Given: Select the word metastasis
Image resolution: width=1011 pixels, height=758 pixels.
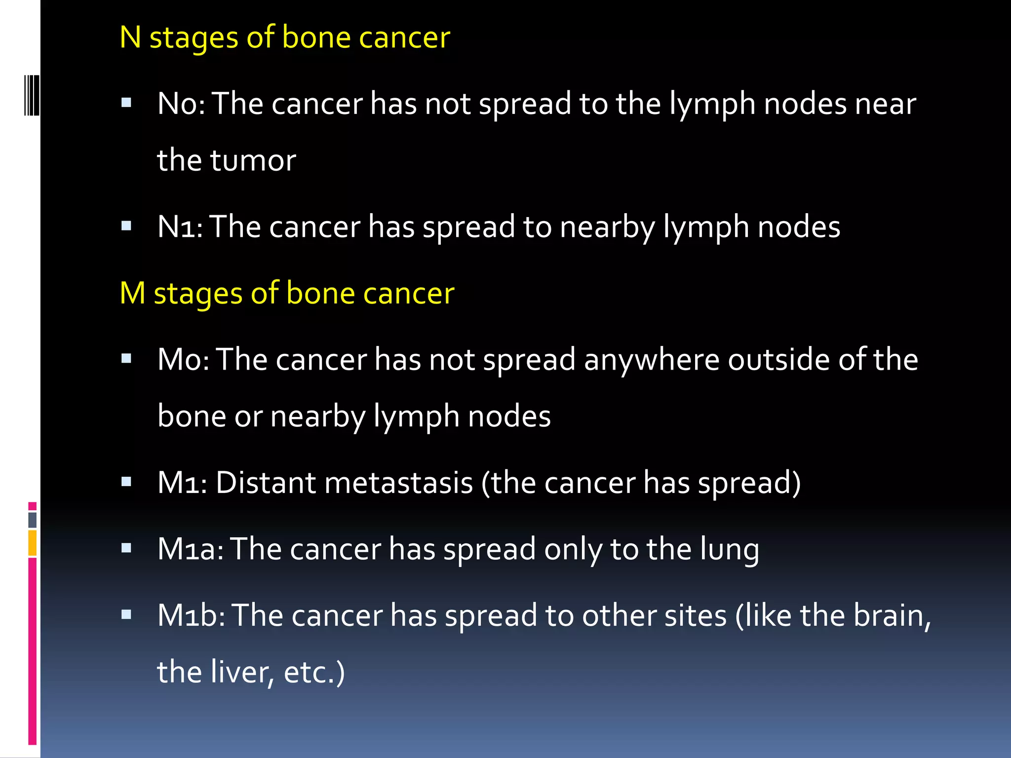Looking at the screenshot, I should click(399, 483).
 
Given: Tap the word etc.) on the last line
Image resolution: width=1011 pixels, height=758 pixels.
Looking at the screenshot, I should click(314, 672).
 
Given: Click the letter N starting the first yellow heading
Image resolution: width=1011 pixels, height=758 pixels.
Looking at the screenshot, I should click(130, 38).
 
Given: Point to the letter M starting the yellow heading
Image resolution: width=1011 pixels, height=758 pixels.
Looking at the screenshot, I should click(133, 293).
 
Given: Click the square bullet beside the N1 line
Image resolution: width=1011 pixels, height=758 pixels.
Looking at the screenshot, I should click(126, 227).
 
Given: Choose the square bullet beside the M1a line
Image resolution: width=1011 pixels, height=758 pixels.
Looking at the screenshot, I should click(126, 548).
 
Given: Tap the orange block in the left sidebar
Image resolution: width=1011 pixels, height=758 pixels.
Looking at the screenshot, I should click(33, 542).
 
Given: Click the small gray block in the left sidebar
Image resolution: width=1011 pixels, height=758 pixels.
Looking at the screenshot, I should click(33, 520).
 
